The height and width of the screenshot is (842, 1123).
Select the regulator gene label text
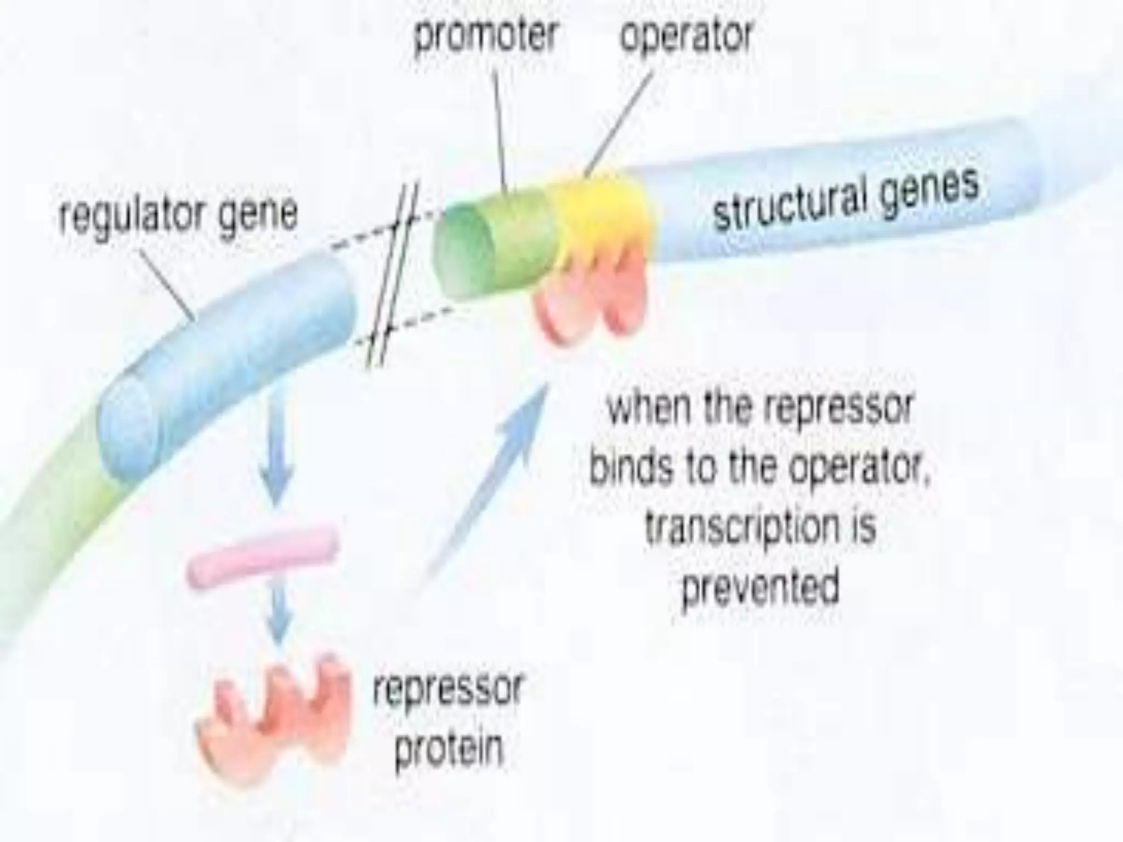pyautogui.click(x=178, y=214)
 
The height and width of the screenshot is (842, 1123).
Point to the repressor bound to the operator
pyautogui.click(x=592, y=296)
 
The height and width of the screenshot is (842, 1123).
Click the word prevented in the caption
pyautogui.click(x=759, y=587)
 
